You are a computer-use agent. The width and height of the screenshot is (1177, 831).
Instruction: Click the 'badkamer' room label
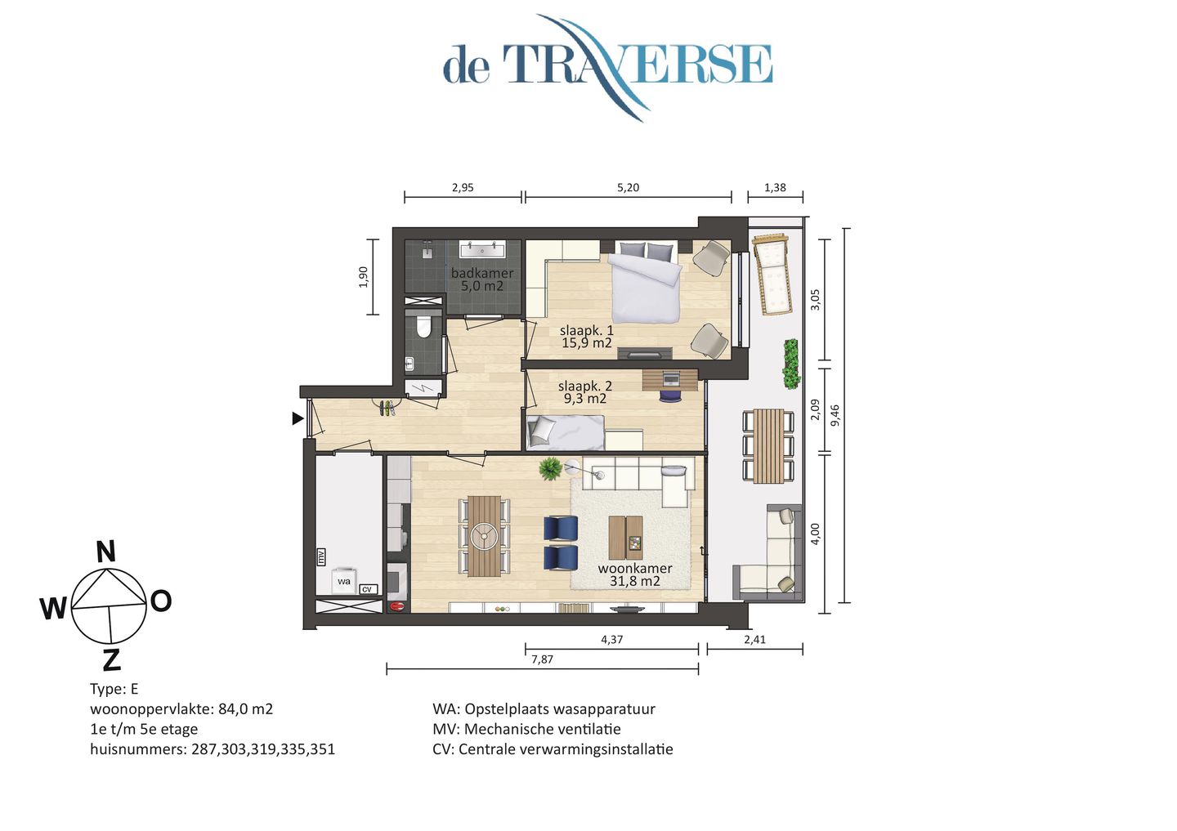pos(482,274)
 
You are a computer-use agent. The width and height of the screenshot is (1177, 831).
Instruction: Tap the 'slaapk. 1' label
pos(586,331)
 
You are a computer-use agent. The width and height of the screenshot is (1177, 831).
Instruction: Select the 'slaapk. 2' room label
pos(584,386)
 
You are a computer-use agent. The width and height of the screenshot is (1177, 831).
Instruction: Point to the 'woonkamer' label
pos(634,569)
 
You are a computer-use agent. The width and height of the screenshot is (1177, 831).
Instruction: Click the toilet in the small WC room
pos(423,328)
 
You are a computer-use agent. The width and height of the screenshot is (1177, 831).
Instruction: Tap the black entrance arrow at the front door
pos(298,418)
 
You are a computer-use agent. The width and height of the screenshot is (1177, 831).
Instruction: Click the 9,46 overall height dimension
pos(835,415)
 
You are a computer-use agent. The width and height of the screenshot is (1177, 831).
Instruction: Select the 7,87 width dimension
pos(542,659)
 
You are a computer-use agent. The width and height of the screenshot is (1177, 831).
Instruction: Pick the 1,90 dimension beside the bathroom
pos(364,277)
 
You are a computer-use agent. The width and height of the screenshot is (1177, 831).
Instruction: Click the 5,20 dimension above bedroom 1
pos(628,187)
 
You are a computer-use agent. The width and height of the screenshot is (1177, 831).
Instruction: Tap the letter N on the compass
pos(105,552)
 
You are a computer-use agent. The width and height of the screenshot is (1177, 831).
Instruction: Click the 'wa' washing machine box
pos(344,581)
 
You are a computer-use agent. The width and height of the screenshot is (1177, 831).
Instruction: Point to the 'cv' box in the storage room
pos(367,589)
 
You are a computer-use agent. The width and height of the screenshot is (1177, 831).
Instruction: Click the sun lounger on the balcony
pos(772,274)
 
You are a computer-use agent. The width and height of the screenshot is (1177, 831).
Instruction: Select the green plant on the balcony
pos(790,364)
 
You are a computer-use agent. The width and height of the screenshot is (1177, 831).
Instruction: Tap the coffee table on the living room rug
pos(625,537)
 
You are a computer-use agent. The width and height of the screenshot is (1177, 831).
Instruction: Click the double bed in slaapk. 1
pos(646,282)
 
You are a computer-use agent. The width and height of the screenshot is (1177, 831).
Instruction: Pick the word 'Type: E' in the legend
pos(114,689)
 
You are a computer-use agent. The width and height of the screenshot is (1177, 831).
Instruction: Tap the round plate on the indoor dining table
pos(483,536)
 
